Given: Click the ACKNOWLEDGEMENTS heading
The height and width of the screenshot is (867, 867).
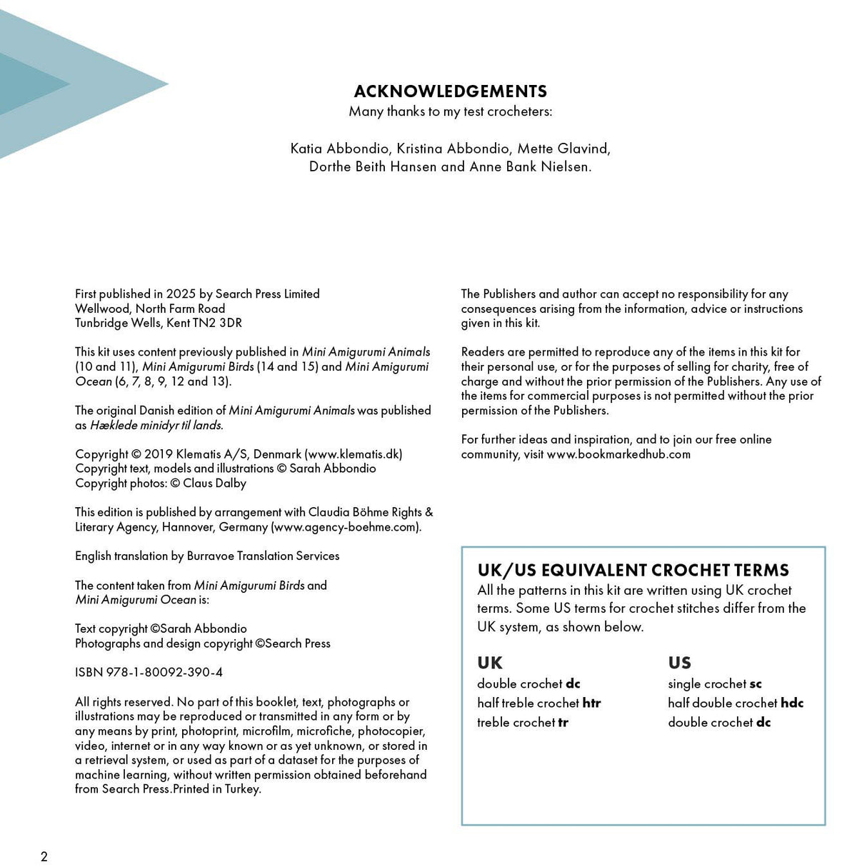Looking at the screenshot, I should [450, 91].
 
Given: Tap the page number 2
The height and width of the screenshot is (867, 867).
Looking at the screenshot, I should [44, 856].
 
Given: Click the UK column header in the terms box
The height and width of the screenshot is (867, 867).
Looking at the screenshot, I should [490, 663].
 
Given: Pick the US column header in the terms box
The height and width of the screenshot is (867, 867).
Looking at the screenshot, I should [679, 663].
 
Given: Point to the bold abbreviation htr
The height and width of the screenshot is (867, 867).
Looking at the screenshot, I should [591, 703].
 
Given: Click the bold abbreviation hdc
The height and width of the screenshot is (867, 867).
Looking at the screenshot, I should [792, 703].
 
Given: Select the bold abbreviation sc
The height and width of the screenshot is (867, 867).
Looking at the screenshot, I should [756, 683].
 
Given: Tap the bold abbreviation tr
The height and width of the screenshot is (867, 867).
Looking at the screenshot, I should [563, 722].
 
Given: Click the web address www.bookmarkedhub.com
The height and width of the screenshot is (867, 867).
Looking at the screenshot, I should [618, 454].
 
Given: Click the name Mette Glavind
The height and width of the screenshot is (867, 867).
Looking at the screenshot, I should [562, 149].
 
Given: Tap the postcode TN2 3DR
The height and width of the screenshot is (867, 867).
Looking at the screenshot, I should [217, 323].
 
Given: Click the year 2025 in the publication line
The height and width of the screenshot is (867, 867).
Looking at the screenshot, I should [181, 294].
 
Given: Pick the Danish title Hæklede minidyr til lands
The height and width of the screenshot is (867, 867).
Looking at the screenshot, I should [156, 425].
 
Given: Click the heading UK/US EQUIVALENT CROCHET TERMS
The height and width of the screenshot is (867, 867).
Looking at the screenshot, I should [633, 570].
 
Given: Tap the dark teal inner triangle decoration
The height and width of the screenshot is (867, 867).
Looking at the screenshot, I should [29, 84].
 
